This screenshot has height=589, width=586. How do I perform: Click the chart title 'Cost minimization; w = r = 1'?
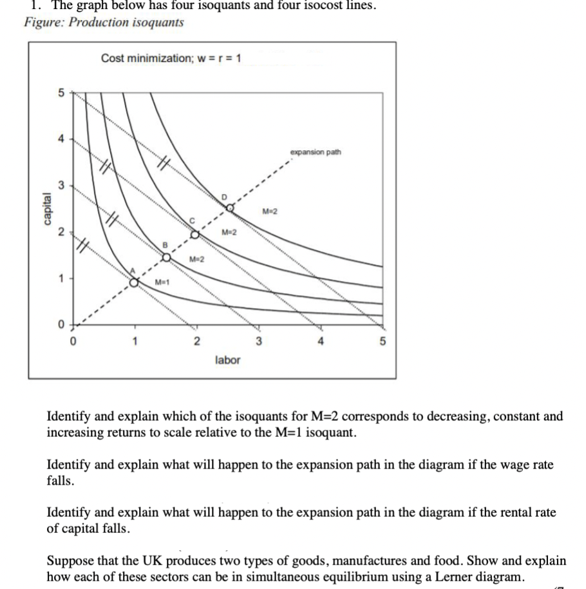(171, 59)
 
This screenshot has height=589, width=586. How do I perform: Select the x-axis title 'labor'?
(227, 360)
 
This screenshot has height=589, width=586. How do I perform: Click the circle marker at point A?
(134, 282)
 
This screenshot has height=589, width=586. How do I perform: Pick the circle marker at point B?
(165, 257)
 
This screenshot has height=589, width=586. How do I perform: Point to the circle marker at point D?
(229, 208)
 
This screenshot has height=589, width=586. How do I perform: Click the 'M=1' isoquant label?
(163, 284)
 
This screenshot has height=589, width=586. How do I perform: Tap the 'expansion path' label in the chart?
(316, 153)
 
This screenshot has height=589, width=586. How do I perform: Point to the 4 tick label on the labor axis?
(319, 342)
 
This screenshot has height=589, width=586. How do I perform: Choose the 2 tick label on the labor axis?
(196, 342)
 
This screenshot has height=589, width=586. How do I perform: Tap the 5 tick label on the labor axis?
(381, 342)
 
